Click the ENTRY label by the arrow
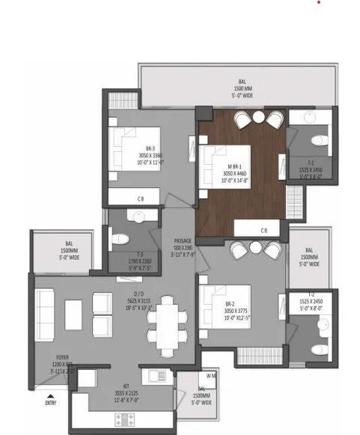(51, 403)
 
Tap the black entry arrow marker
(50, 395)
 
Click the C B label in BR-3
(141, 198)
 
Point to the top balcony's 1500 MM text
(241, 89)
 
